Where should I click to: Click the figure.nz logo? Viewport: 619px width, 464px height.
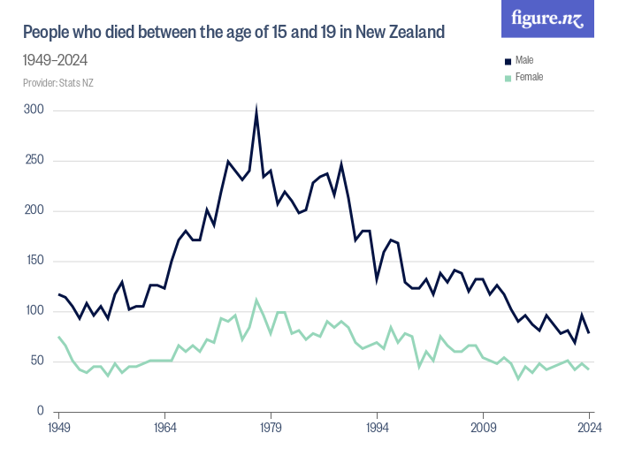click(547, 19)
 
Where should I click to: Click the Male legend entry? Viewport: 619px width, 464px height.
click(523, 60)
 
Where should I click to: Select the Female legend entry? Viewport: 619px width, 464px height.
click(528, 77)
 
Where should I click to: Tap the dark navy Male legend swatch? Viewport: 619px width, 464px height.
click(508, 61)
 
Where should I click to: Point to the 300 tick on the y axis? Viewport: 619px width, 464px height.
click(34, 110)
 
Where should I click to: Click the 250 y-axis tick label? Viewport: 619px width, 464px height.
click(34, 161)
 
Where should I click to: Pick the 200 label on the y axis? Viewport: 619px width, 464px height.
click(34, 210)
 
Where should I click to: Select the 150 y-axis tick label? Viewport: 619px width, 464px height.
click(34, 261)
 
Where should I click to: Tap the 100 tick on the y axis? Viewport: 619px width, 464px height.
click(34, 311)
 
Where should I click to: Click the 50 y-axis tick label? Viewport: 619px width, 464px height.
click(37, 361)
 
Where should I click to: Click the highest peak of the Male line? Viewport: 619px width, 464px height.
click(256, 112)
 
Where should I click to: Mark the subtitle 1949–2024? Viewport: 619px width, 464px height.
click(55, 60)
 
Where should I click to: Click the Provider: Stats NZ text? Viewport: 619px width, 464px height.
click(58, 83)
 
